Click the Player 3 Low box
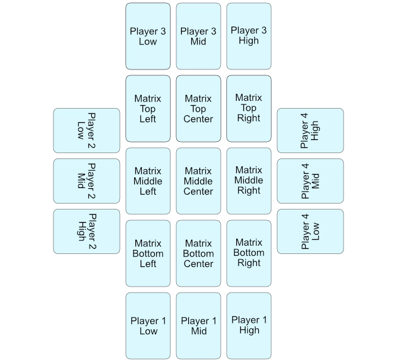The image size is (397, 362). (148, 36)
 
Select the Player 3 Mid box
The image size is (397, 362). (198, 36)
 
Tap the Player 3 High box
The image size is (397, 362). (249, 36)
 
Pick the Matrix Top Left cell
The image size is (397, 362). (148, 109)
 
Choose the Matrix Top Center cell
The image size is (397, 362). (198, 109)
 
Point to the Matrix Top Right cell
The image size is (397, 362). (249, 109)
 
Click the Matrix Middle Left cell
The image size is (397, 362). (148, 181)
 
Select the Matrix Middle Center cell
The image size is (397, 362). (198, 181)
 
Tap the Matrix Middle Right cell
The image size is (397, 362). (249, 181)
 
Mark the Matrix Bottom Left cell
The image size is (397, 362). (148, 253)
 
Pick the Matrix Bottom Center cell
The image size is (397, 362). (198, 253)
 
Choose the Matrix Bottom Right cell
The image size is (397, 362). (249, 253)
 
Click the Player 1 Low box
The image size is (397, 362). (148, 326)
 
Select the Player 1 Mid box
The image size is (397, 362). (198, 326)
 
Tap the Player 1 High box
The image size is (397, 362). (249, 326)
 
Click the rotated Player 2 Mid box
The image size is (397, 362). (87, 181)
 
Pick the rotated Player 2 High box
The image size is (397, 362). (87, 231)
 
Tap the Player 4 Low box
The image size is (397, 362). (310, 231)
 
